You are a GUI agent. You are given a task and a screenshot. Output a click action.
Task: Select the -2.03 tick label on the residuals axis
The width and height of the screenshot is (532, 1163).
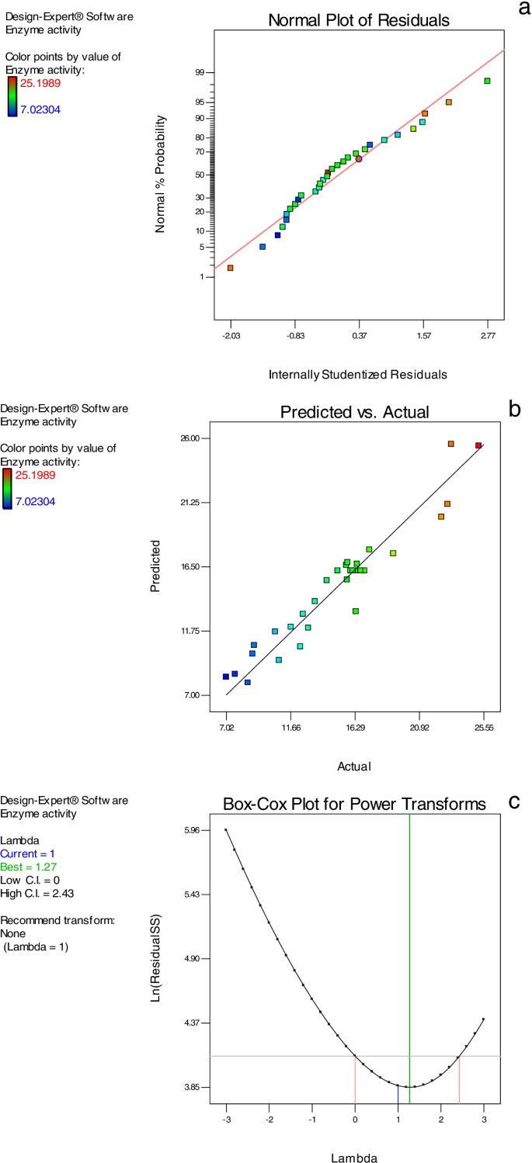coord(231,336)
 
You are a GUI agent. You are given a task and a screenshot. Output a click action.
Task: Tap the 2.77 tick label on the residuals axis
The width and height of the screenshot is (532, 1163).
coord(488,336)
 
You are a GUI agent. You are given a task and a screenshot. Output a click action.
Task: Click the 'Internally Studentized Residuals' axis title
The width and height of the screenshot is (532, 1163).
coord(358,375)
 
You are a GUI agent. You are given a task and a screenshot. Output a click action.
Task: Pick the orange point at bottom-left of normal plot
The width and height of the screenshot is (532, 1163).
coord(231,268)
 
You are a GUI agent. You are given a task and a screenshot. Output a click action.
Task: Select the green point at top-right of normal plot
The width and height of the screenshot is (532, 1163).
coord(487,81)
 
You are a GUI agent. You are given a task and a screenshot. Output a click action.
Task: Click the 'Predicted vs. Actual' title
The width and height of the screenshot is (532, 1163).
coord(354,413)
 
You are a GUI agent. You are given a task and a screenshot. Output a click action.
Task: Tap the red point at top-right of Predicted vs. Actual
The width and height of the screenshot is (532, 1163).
coord(478,445)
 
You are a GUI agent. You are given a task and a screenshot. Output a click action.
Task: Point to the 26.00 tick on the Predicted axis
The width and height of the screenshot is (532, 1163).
coord(191,438)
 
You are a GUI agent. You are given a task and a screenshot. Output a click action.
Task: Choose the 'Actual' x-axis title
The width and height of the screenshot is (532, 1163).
coord(354,767)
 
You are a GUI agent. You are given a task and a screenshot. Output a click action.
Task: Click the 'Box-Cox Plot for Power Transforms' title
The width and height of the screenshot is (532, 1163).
coord(354,805)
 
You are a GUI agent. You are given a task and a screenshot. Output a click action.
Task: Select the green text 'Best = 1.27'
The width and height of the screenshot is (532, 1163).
coord(29,867)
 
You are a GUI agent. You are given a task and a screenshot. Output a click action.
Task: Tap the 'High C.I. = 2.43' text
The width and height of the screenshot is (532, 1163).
coord(37,894)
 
